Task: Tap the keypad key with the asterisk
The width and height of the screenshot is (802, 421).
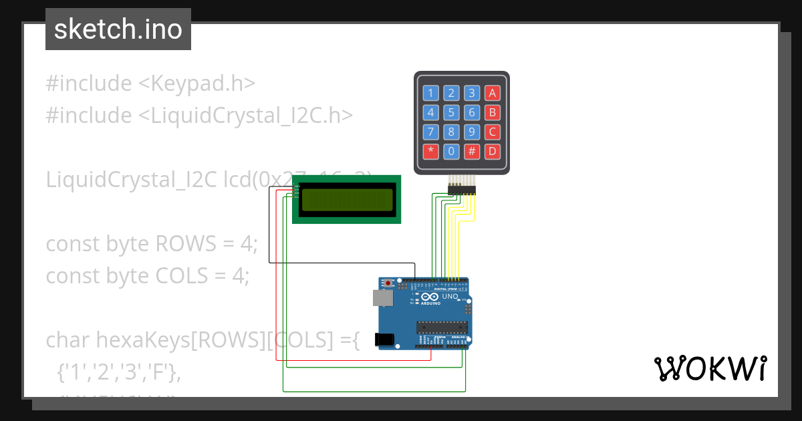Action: click(x=431, y=151)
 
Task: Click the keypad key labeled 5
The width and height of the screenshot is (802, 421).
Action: click(x=452, y=112)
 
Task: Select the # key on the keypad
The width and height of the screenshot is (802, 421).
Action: click(x=472, y=151)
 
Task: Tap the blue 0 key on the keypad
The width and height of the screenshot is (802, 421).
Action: click(x=452, y=151)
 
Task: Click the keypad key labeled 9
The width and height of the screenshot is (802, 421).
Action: click(x=472, y=132)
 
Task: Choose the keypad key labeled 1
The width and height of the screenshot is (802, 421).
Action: click(x=431, y=93)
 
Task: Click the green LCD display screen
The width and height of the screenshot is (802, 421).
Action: click(x=347, y=200)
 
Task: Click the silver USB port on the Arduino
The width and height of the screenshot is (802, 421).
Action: click(x=382, y=298)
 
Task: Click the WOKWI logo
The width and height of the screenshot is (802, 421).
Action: click(x=710, y=368)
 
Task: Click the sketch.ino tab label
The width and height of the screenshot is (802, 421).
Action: click(x=118, y=29)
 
